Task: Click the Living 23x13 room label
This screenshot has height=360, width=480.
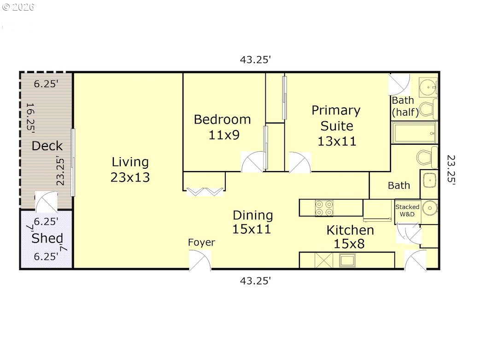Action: point(130,170)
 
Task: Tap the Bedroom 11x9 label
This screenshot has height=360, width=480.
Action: point(222,127)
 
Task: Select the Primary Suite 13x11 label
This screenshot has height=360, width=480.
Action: point(336,125)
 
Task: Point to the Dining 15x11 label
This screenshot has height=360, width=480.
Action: point(252,222)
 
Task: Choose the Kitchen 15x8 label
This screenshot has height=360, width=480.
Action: point(350,236)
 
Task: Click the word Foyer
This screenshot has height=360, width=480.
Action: point(201,242)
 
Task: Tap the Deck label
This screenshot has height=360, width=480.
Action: point(47,146)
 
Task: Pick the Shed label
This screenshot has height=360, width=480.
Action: point(47,239)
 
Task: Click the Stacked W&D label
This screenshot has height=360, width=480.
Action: point(407,210)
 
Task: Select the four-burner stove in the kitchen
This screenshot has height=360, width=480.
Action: point(324,208)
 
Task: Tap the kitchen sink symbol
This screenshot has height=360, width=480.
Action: point(347,260)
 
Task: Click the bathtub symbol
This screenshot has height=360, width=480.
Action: point(414,133)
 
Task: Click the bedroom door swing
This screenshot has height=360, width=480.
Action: point(253,162)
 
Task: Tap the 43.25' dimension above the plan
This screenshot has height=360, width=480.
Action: point(255,59)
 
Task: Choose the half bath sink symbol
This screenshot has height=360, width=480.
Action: point(427,86)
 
